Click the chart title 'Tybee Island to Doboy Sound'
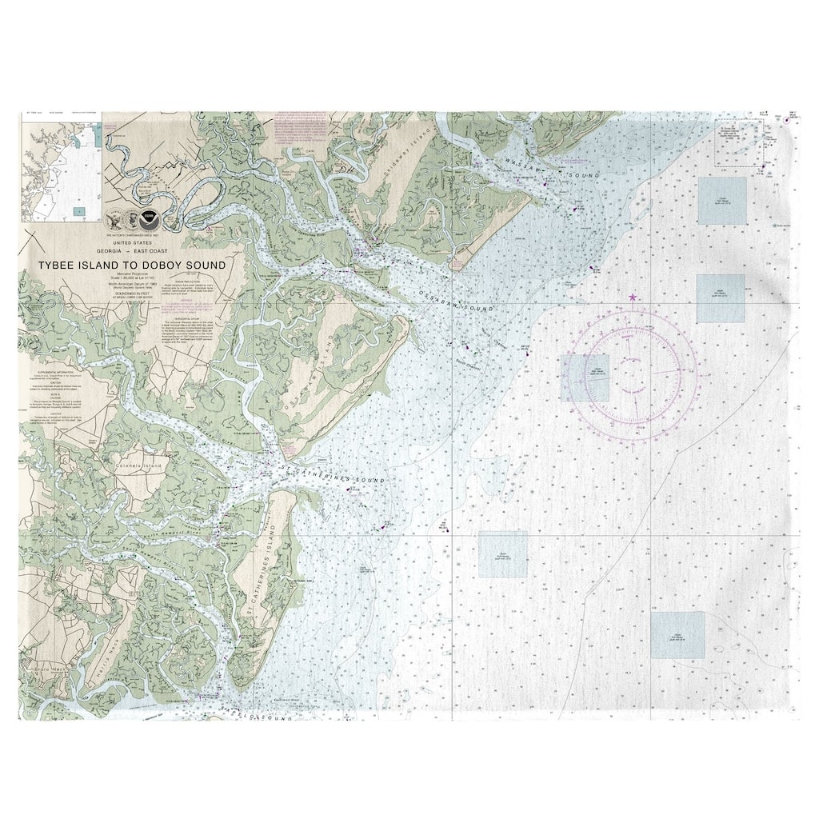tap(133, 265)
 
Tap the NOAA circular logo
tap(147, 218)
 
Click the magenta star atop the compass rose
tap(633, 298)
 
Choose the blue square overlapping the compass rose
tap(585, 377)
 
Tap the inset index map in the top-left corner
tap(62, 166)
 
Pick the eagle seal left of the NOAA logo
tap(117, 218)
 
